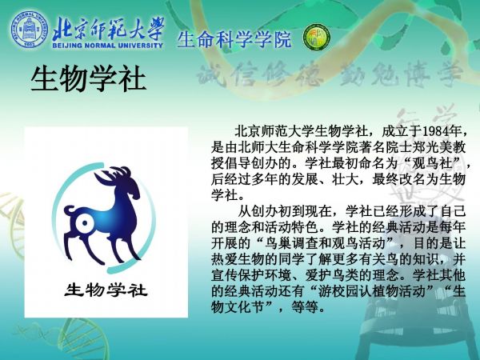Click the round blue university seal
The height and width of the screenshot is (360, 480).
(x=29, y=30)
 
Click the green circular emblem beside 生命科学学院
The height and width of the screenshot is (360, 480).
(x=317, y=38)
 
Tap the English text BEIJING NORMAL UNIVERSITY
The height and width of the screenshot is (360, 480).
(x=107, y=46)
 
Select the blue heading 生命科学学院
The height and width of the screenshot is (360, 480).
(x=234, y=39)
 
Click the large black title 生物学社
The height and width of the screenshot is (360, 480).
(x=88, y=78)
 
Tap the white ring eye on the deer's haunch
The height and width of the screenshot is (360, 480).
(x=84, y=223)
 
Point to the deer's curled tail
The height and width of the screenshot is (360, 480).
(x=69, y=211)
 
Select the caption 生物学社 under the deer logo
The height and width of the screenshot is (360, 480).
(x=106, y=290)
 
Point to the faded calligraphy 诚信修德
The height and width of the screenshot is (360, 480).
(x=260, y=74)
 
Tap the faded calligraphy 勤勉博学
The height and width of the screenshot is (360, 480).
(x=401, y=74)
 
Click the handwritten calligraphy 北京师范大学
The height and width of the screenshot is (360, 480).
(x=108, y=28)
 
